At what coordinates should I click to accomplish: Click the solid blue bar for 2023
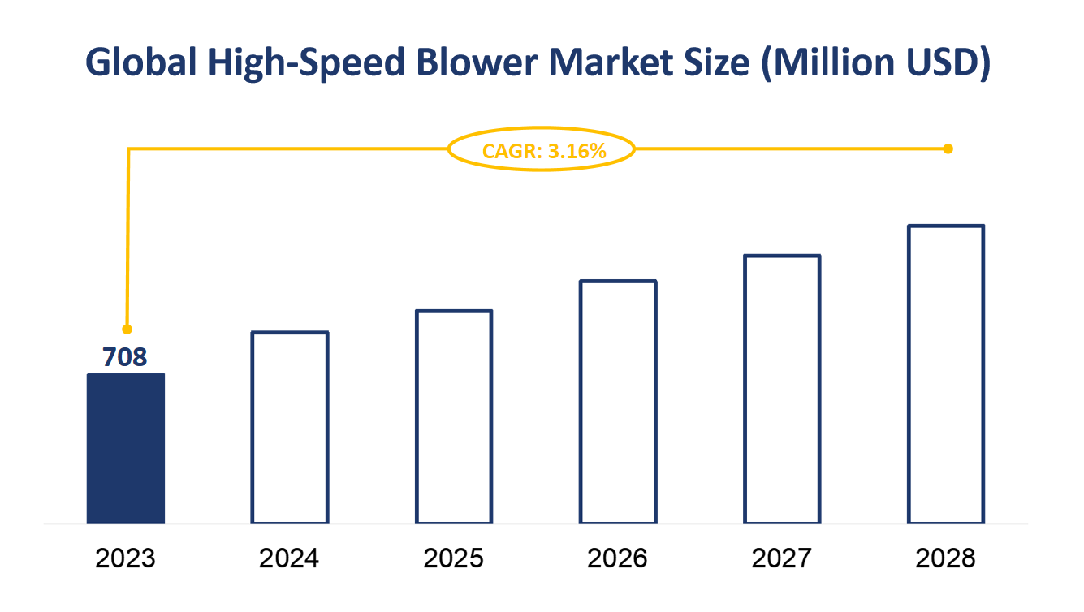click(126, 448)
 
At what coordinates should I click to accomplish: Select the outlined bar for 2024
click(290, 427)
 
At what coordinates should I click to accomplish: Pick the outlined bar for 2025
click(454, 416)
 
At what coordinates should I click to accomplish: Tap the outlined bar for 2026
click(618, 402)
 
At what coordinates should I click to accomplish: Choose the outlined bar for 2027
click(782, 389)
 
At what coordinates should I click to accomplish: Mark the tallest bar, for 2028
click(946, 373)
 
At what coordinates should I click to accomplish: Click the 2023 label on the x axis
click(126, 558)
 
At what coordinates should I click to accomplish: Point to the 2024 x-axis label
click(290, 558)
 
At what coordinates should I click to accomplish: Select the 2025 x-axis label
click(454, 558)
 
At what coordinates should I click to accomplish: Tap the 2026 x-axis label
click(618, 558)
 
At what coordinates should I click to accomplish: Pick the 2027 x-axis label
click(782, 558)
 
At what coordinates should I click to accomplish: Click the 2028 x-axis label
click(946, 558)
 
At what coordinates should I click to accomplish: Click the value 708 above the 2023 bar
click(125, 356)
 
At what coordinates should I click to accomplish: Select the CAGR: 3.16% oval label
click(542, 150)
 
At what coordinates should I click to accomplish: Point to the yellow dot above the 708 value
click(127, 329)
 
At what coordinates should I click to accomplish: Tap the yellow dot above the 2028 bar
click(948, 149)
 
